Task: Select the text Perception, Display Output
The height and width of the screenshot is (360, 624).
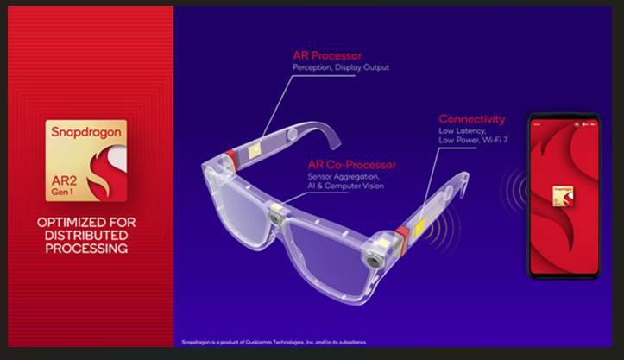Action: click(x=341, y=68)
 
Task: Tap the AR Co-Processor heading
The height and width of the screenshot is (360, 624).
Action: click(x=351, y=164)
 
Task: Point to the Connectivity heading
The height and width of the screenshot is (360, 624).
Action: click(x=471, y=119)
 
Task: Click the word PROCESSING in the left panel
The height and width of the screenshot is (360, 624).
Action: click(x=85, y=249)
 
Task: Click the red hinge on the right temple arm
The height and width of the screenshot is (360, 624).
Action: click(x=402, y=239)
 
